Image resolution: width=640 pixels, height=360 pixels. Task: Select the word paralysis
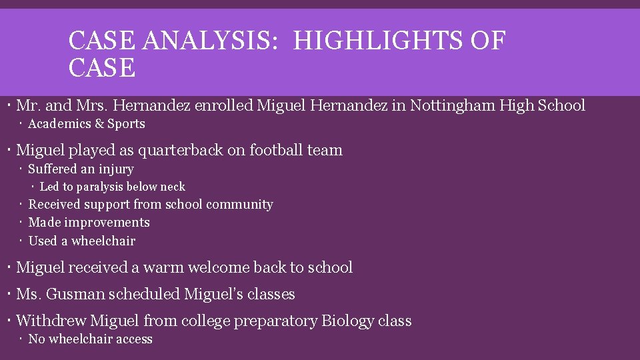pos(103,187)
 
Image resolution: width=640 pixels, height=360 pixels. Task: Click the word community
pos(241,205)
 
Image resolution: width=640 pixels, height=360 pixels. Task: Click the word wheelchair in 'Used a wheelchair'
pos(103,241)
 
